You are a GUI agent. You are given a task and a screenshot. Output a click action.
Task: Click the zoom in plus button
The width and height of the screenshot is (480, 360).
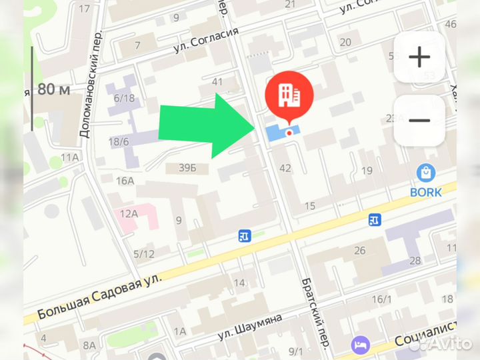419,58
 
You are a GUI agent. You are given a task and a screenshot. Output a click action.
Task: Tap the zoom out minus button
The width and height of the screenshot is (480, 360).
419,121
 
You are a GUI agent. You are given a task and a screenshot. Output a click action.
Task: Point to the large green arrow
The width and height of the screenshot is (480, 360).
207,125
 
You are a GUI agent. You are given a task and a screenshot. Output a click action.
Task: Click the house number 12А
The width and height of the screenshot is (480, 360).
129,213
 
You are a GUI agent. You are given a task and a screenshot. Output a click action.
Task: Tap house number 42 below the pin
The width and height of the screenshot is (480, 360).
285,168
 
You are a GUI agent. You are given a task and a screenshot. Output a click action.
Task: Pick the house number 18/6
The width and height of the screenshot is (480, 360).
119,141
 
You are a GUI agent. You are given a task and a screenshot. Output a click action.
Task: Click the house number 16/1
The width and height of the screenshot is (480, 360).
382,299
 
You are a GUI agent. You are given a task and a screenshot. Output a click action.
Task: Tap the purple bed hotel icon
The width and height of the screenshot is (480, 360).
360,344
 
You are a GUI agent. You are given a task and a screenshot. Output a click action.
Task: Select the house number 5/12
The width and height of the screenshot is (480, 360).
143,253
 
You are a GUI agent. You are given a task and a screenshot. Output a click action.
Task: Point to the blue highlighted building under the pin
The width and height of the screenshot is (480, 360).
282,132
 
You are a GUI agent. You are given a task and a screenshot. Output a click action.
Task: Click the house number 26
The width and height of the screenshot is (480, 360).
360,251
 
